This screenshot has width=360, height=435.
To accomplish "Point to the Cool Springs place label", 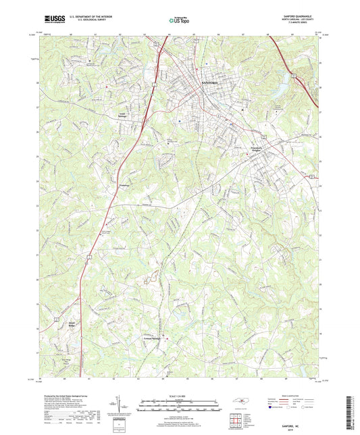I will coord(123,116).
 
